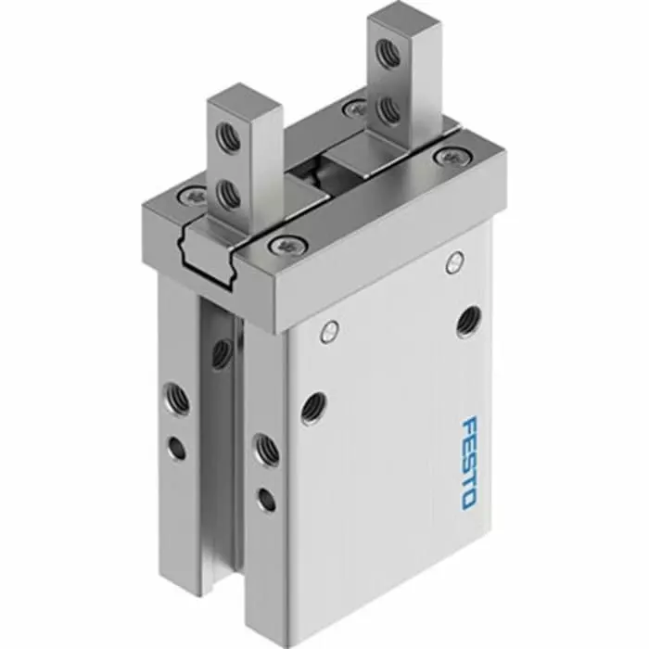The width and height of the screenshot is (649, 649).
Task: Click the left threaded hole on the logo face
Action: click(313, 404)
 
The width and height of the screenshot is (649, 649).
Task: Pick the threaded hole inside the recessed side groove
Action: click(221, 350)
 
